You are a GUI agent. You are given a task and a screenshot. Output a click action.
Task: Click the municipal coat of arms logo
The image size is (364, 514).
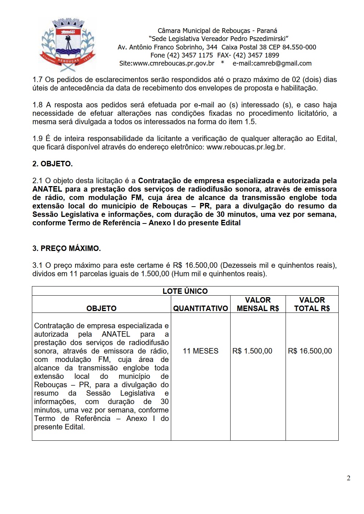pyautogui.click(x=67, y=45)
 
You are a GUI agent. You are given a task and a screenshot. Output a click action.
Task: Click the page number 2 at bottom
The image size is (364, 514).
pyautogui.click(x=348, y=478)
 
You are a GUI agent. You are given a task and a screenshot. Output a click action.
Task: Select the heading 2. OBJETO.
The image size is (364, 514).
pyautogui.click(x=52, y=164)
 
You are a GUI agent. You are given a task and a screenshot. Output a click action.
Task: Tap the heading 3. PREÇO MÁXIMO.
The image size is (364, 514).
pyautogui.click(x=66, y=248)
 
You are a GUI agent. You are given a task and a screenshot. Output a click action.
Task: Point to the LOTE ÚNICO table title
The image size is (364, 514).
pyautogui.click(x=185, y=291)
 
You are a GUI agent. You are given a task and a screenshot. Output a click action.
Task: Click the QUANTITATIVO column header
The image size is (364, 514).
pyautogui.click(x=201, y=308)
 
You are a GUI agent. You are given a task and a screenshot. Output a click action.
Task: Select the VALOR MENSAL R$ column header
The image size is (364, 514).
pyautogui.click(x=258, y=304)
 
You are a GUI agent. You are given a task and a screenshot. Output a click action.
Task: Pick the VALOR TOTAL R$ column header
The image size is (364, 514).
pyautogui.click(x=312, y=304)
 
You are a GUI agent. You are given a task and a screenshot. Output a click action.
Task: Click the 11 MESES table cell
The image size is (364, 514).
pyautogui.click(x=201, y=351)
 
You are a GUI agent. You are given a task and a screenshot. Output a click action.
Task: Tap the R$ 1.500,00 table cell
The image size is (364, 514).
pyautogui.click(x=252, y=351)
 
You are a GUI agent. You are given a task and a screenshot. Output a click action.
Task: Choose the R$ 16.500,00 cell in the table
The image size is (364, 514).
pyautogui.click(x=310, y=351)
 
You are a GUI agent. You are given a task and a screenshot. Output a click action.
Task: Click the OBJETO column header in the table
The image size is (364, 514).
pyautogui.click(x=102, y=308)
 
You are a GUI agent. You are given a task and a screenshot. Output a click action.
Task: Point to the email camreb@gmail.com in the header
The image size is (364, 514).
pyautogui.click(x=272, y=63)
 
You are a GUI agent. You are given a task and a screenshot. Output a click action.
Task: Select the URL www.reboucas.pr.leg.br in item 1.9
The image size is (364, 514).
pyautogui.click(x=246, y=147)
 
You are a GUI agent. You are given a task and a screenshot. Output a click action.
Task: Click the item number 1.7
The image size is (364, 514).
pyautogui.click(x=37, y=79)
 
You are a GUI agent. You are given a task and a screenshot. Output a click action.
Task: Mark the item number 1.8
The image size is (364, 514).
pyautogui.click(x=37, y=105)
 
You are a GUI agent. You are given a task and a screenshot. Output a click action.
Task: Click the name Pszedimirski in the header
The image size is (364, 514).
pyautogui.click(x=264, y=39)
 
